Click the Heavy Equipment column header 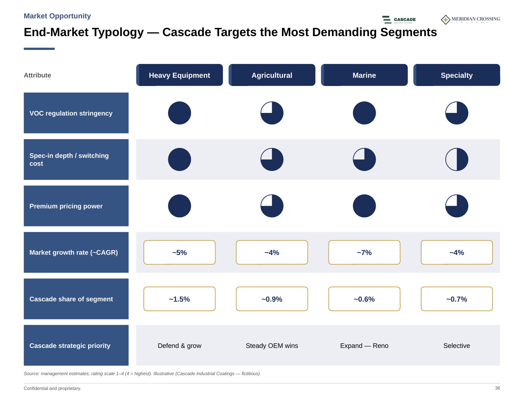click(179, 75)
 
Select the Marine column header click(364, 75)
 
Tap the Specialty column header click(457, 75)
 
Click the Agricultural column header click(272, 75)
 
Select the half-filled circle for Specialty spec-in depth click(457, 160)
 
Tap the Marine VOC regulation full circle click(364, 113)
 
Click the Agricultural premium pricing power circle click(272, 206)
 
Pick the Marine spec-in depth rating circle click(364, 160)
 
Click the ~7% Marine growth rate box click(364, 252)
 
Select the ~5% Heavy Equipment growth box click(179, 252)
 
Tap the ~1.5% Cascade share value click(179, 299)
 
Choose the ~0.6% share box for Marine click(364, 299)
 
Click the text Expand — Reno click(364, 346)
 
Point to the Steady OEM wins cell click(272, 346)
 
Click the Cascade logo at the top click(399, 20)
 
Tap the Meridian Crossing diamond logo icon click(445, 20)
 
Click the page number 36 click(497, 388)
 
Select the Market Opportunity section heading click(57, 16)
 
